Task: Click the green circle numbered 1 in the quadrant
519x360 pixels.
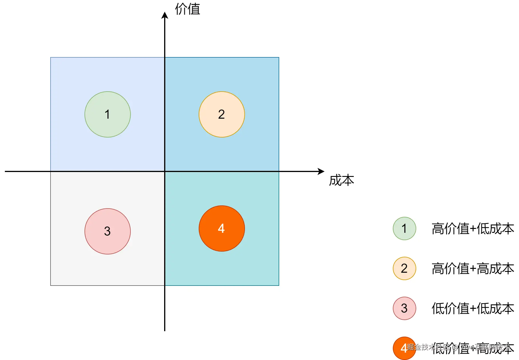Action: (107, 114)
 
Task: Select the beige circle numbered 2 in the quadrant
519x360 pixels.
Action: (222, 114)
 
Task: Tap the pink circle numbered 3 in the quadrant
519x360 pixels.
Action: (107, 231)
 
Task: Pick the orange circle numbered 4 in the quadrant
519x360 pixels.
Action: (222, 228)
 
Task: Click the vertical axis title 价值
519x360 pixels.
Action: (187, 9)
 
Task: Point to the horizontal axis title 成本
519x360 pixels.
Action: (341, 181)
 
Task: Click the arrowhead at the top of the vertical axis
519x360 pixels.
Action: (165, 15)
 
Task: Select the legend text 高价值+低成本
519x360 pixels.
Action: (473, 229)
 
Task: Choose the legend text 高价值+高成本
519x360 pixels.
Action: (473, 269)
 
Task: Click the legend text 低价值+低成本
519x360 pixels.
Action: (473, 309)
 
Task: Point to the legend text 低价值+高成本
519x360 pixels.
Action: (473, 349)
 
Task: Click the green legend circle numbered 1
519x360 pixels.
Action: (404, 228)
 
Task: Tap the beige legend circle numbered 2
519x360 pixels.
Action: (404, 268)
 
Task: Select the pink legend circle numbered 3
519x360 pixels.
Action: (404, 308)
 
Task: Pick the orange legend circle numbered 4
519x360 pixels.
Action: (403, 349)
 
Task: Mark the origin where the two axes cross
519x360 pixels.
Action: (165, 171)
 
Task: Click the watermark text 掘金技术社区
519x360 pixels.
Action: (428, 347)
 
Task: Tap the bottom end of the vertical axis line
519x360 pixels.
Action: (165, 330)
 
